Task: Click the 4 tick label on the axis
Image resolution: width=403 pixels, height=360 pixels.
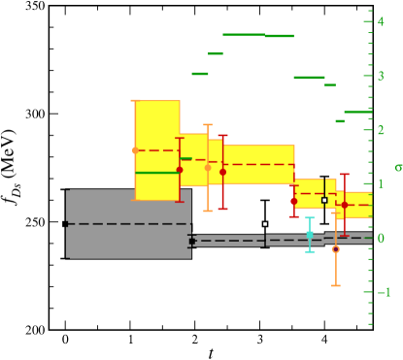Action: [x=382, y=21]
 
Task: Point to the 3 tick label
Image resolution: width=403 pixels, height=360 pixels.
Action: [x=382, y=76]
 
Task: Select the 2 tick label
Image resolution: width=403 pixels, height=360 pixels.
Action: [x=382, y=130]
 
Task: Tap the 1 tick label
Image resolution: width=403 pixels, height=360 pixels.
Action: [x=382, y=184]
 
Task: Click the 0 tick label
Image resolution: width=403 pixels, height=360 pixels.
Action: [x=382, y=238]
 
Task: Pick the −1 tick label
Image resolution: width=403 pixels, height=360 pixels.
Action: [x=384, y=292]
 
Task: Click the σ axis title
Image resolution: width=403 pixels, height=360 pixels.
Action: [x=398, y=167]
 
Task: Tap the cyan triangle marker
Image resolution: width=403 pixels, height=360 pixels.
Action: [x=310, y=234]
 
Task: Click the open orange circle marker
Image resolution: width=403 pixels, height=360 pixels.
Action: [x=336, y=249]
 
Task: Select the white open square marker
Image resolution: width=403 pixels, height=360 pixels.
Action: [x=324, y=200]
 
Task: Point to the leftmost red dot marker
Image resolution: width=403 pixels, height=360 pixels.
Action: [x=180, y=170]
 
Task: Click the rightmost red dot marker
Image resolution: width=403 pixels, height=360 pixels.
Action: [x=345, y=205]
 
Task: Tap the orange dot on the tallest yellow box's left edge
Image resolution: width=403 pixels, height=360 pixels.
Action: [x=135, y=150]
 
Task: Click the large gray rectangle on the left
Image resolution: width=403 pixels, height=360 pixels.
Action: [x=128, y=223]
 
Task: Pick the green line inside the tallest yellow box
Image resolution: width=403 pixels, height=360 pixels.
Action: [x=157, y=173]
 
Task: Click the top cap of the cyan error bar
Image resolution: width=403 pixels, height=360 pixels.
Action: [x=310, y=217]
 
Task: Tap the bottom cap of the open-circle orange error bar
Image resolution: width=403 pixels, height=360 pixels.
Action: [x=336, y=285]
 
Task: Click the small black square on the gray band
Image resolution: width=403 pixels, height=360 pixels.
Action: [x=192, y=241]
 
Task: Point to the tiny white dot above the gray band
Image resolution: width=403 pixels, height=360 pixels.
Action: [x=265, y=224]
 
